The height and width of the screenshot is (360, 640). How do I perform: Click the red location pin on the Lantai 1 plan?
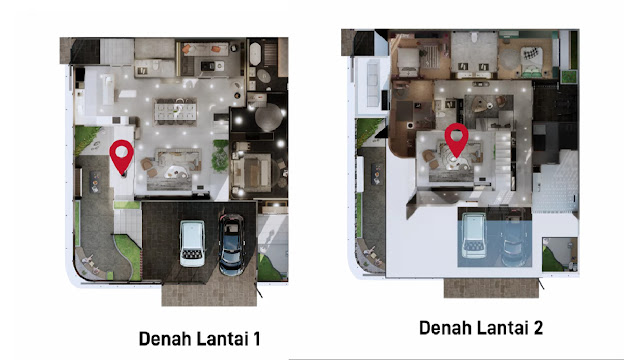pyautogui.click(x=122, y=157)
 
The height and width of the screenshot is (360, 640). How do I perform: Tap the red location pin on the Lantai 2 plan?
pyautogui.click(x=456, y=140)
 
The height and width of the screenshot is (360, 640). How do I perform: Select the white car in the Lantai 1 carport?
pyautogui.click(x=192, y=243)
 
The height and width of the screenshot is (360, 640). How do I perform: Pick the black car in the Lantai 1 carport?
pyautogui.click(x=232, y=244)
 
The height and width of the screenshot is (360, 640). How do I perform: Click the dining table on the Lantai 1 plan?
pyautogui.click(x=176, y=111)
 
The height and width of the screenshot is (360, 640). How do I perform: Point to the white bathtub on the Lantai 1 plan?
pyautogui.click(x=255, y=54)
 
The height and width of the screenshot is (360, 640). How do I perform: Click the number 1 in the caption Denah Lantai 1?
pyautogui.click(x=256, y=339)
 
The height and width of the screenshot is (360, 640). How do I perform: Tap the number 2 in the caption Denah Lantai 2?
pyautogui.click(x=537, y=328)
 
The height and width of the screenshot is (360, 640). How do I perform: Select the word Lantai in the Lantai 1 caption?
pyautogui.click(x=223, y=339)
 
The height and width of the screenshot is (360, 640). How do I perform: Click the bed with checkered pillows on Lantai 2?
pyautogui.click(x=532, y=61)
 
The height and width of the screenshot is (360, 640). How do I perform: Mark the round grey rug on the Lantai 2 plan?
pyautogui.click(x=508, y=59)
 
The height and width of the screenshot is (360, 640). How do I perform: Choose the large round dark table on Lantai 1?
pyautogui.click(x=269, y=117)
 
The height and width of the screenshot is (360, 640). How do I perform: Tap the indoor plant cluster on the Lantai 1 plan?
pyautogui.click(x=220, y=155)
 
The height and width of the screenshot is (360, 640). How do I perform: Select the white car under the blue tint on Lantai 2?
pyautogui.click(x=474, y=235)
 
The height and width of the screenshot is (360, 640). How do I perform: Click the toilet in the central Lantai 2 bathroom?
pyautogui.click(x=474, y=38)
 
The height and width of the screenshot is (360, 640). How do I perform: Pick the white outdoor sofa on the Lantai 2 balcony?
pyautogui.click(x=373, y=84)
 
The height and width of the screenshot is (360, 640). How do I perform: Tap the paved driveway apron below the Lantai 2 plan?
pyautogui.click(x=491, y=288)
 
